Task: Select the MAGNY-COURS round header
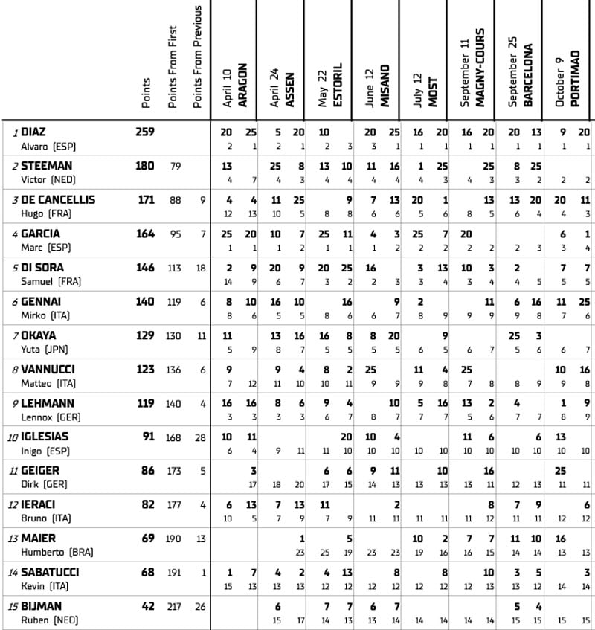pyautogui.click(x=480, y=72)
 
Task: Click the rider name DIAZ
pyautogui.click(x=33, y=132)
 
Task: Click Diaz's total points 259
pyautogui.click(x=145, y=132)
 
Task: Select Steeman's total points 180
pyautogui.click(x=145, y=166)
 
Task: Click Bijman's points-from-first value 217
pyautogui.click(x=173, y=606)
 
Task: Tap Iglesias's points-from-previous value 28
pyautogui.click(x=201, y=437)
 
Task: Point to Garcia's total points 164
pyautogui.click(x=145, y=234)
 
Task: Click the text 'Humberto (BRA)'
pyautogui.click(x=53, y=553)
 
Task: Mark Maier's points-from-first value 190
pyautogui.click(x=173, y=539)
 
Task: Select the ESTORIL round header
pyautogui.click(x=337, y=86)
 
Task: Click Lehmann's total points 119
pyautogui.click(x=145, y=403)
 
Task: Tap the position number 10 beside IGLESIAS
pyautogui.click(x=13, y=437)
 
